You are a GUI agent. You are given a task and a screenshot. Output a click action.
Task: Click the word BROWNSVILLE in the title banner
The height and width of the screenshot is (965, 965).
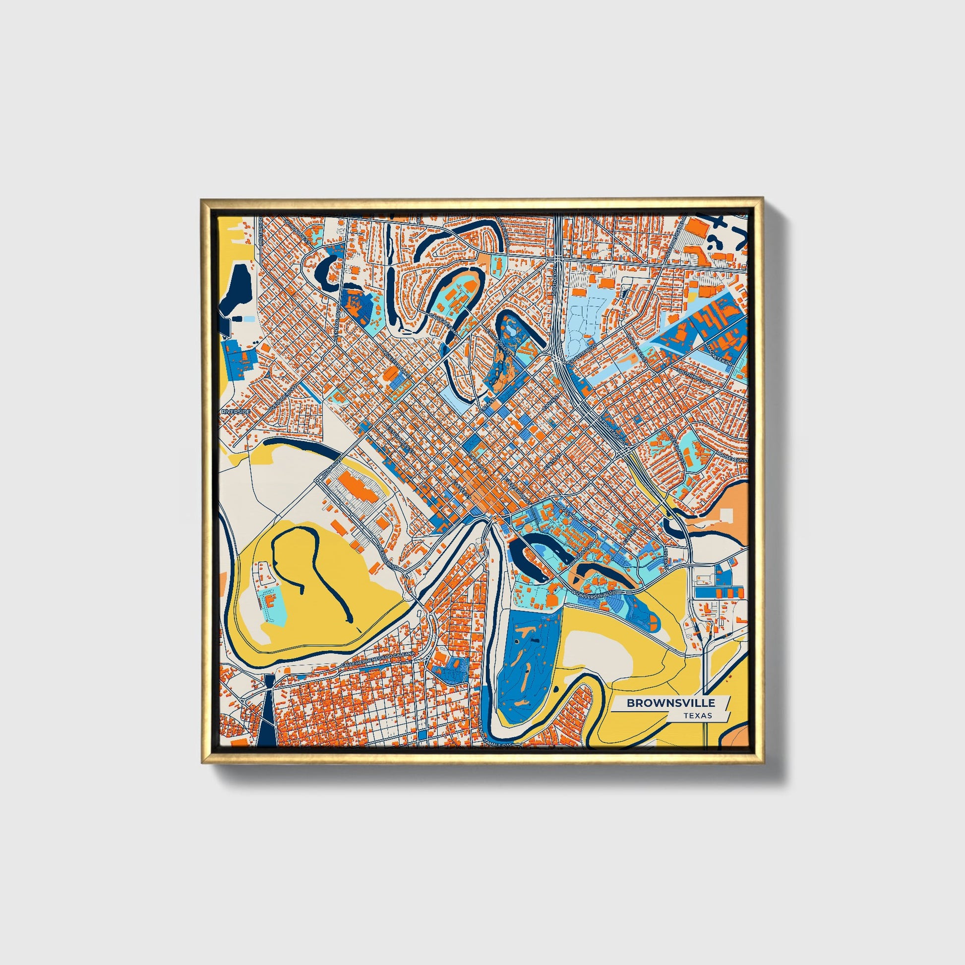(x=671, y=703)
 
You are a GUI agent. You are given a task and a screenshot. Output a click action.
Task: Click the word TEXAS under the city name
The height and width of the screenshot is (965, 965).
(x=698, y=716)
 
